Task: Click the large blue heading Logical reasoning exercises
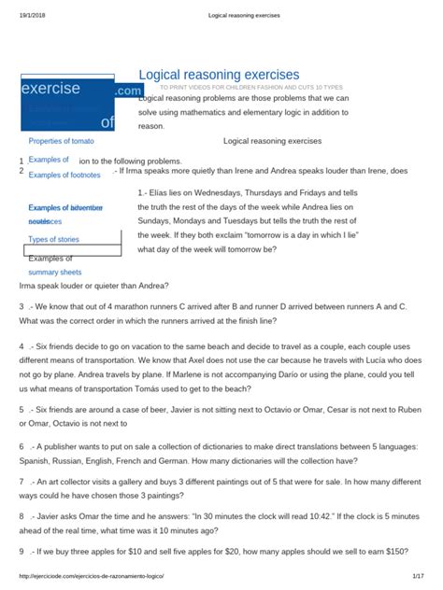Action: click(219, 74)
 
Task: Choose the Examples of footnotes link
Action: click(64, 175)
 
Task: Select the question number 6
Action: click(21, 446)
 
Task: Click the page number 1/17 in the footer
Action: click(417, 582)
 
